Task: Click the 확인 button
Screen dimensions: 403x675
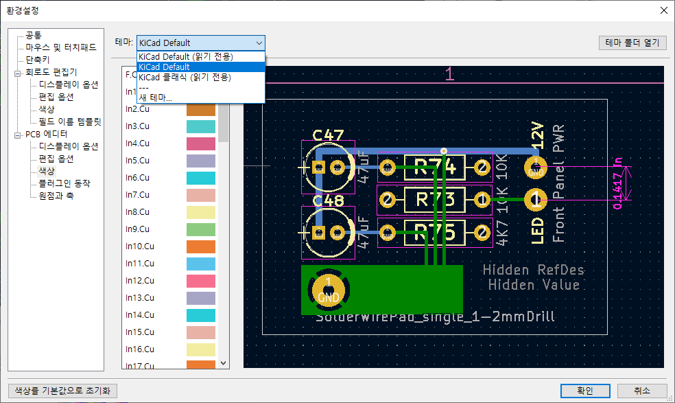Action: point(585,390)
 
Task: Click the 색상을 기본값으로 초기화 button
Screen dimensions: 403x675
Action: point(62,390)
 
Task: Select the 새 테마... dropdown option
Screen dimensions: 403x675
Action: point(156,97)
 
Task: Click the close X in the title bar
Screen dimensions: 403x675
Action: point(663,10)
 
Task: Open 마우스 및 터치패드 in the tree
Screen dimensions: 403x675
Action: point(61,47)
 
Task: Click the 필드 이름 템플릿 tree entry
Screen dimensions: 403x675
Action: point(70,122)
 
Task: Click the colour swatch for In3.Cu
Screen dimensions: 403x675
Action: point(201,126)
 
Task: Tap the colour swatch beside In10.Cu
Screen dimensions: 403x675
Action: point(201,246)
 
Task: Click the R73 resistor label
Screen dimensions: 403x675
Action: point(436,200)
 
